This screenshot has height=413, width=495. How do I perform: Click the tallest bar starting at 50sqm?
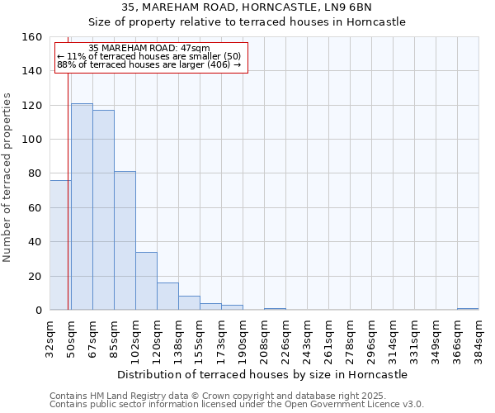82,206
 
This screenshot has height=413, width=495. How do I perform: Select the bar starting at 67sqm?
103,210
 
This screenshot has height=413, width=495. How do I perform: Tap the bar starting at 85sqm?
125,240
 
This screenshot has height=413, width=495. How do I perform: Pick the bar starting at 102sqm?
146,281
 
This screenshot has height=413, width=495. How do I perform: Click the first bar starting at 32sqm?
59,244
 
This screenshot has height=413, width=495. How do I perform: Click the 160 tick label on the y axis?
32,37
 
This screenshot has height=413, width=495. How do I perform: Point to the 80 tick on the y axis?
35,173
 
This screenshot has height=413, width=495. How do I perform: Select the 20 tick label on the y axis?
35,277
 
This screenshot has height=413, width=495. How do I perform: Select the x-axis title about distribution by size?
262,374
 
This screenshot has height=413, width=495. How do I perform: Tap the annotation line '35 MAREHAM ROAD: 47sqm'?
148,49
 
